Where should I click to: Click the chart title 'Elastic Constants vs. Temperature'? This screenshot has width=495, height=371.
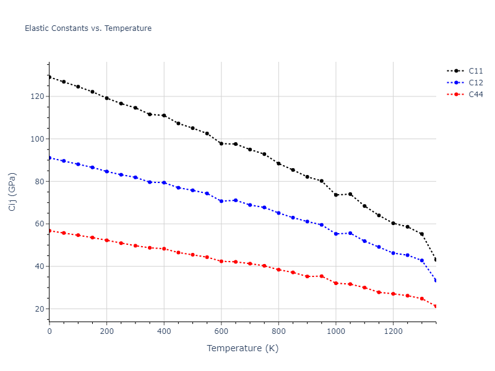click(88, 28)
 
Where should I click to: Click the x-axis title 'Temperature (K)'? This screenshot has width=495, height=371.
click(243, 349)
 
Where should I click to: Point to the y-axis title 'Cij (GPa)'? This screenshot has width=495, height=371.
click(12, 192)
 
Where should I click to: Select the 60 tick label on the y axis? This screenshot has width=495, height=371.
click(38, 224)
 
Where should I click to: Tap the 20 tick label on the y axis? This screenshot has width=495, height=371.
click(38, 309)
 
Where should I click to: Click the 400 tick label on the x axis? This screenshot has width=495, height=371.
click(164, 331)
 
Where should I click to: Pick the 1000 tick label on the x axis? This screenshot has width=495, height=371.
click(336, 331)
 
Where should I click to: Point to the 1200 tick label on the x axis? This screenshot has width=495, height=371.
click(393, 331)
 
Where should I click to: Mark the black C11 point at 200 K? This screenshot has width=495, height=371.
click(107, 98)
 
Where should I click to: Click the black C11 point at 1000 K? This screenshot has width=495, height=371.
click(336, 195)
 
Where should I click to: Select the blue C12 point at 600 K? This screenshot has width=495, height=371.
click(222, 201)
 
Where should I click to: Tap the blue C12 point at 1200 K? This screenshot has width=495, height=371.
click(393, 253)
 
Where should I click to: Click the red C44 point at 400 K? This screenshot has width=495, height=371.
click(164, 249)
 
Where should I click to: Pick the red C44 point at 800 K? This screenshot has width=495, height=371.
click(278, 270)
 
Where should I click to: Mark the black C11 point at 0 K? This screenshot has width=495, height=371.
click(49, 77)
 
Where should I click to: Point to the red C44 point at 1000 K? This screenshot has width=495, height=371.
click(336, 283)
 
